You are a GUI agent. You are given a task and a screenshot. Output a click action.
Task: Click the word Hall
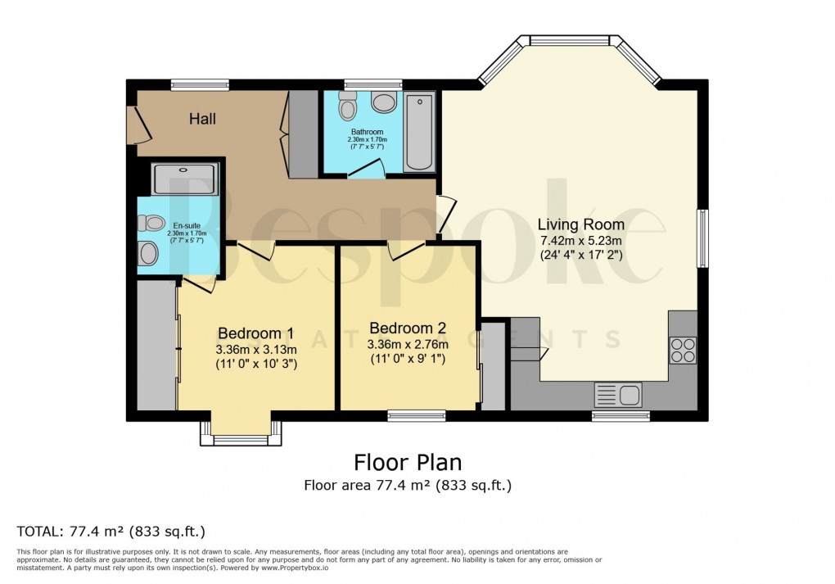click(202, 120)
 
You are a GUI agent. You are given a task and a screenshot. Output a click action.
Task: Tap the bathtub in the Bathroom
click(419, 133)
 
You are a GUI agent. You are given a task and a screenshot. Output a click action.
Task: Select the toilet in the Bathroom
click(347, 106)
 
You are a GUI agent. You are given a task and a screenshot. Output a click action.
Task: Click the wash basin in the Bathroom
click(383, 102)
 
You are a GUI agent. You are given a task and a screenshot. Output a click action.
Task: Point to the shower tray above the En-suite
click(185, 179)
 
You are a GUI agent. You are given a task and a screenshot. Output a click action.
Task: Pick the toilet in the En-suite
click(151, 223)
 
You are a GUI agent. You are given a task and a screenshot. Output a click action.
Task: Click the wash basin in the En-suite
click(148, 254)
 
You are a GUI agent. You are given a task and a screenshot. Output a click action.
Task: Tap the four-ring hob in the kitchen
click(683, 350)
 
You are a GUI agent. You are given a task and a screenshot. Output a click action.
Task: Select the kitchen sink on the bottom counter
click(620, 396)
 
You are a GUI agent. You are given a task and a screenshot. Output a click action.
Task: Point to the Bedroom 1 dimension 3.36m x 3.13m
click(256, 350)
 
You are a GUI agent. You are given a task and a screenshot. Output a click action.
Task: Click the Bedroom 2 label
click(407, 328)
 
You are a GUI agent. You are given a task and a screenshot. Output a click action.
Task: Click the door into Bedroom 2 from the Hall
click(404, 250)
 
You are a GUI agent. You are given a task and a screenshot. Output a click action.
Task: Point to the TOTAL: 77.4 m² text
click(111, 531)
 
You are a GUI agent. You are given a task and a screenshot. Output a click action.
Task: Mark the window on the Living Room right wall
click(702, 238)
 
